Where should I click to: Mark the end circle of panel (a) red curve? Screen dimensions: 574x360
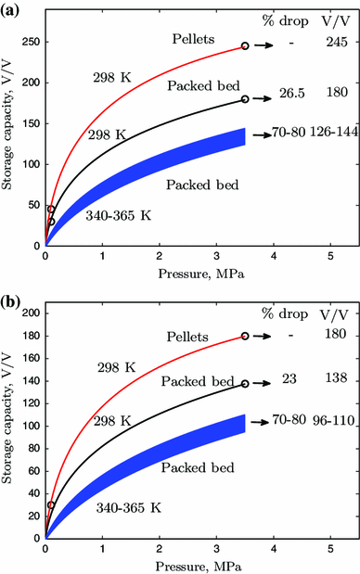point(245,45)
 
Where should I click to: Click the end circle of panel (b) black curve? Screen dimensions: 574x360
point(245,383)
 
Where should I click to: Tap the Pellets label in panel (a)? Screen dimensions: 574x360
point(194,38)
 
